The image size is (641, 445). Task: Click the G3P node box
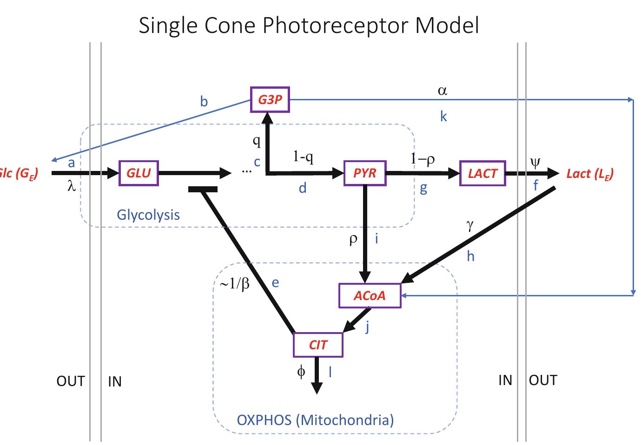[x=270, y=99]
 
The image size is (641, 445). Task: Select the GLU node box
[x=139, y=173]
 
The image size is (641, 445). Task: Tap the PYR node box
[x=364, y=173]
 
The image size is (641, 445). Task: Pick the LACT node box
[x=482, y=173]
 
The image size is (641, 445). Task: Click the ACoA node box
[x=370, y=295]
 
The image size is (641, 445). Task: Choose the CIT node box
[x=318, y=345]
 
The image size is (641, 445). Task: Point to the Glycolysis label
[x=148, y=215]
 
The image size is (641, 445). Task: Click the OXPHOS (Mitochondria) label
[x=315, y=420]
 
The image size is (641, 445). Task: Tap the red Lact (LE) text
[x=590, y=174]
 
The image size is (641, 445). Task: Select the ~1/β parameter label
[x=235, y=283]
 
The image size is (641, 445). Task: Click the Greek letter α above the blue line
[x=442, y=91]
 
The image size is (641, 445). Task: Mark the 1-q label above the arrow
[x=303, y=157]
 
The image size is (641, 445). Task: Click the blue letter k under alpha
[x=443, y=117]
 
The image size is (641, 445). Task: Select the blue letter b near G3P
[x=204, y=102]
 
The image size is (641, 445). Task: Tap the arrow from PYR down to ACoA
[x=365, y=232]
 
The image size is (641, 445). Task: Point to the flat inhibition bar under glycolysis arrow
[x=203, y=189]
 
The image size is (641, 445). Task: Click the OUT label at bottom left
[x=71, y=381]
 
